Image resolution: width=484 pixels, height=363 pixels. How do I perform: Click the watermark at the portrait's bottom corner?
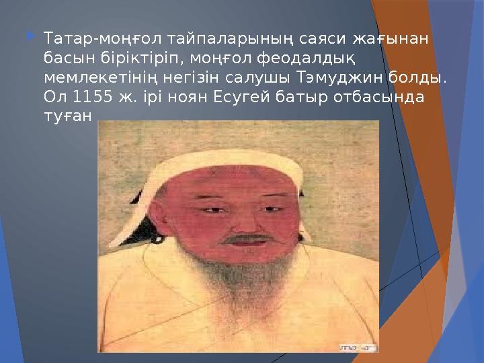click(357, 349)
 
